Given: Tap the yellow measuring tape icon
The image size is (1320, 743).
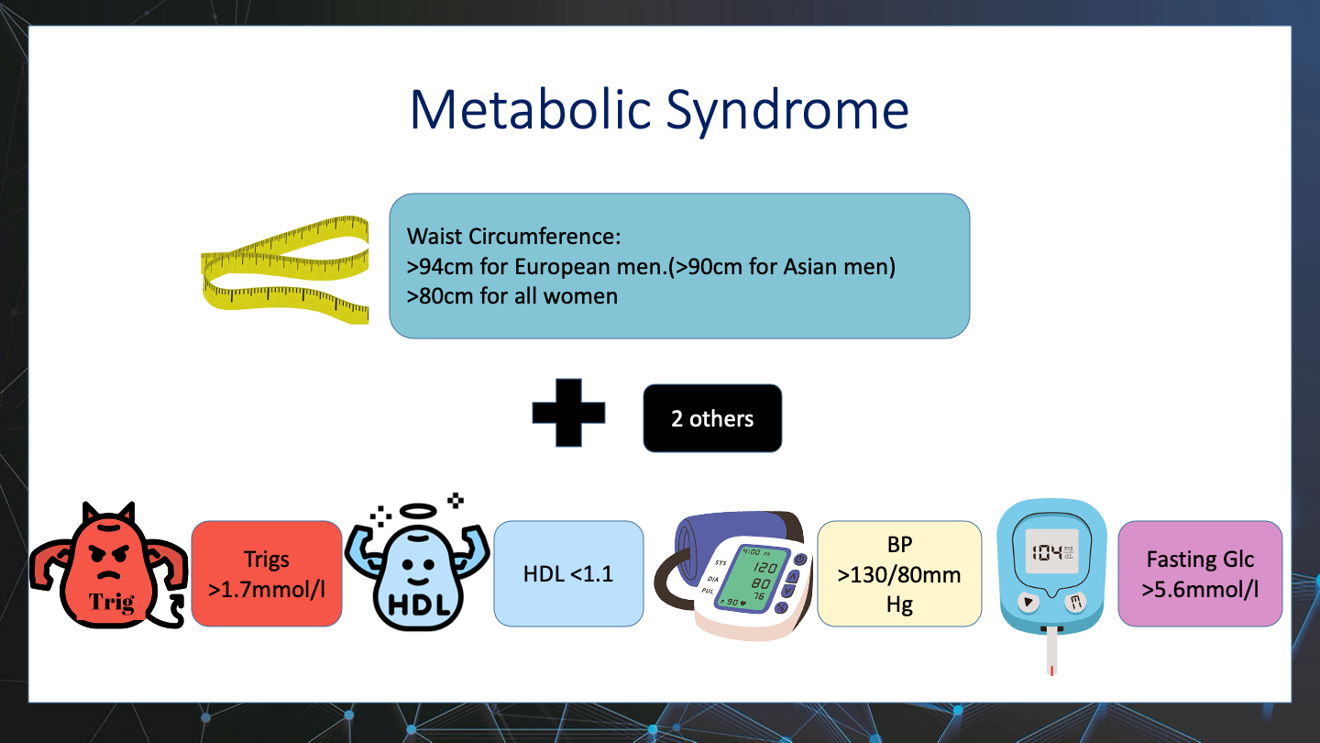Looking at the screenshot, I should coord(285,270).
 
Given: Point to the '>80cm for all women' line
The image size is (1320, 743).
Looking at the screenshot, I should coord(512,296).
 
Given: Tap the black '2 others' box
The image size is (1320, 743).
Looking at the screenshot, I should coord(712,418).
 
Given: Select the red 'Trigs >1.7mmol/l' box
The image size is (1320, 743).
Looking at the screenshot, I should coord(266,573).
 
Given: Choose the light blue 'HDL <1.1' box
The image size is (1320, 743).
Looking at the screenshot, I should coord(568,573).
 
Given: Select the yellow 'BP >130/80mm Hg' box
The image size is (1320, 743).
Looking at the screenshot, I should coord(899,573).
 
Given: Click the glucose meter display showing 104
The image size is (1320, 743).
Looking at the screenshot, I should coord(1052,553).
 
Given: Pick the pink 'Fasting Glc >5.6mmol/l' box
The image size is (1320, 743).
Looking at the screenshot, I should coord(1200,573).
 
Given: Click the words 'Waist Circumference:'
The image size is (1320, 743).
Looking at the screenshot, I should coord(514,237).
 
